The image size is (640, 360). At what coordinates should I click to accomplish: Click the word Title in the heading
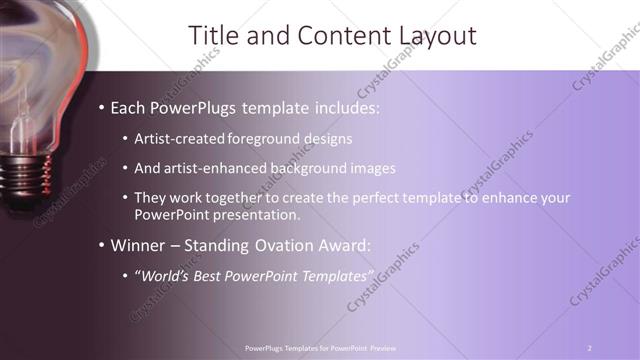point(213,37)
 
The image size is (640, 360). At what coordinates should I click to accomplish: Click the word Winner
point(138,245)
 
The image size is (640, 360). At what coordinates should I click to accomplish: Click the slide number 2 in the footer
point(589,347)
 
